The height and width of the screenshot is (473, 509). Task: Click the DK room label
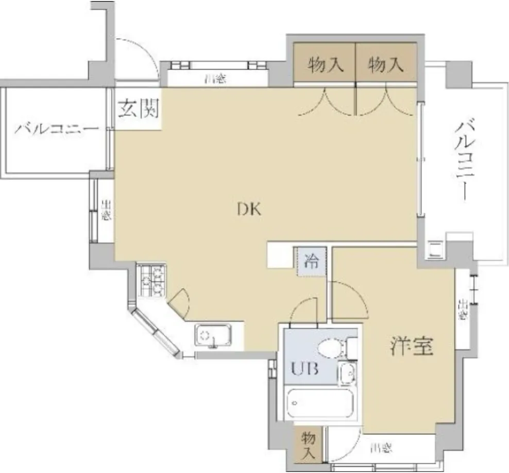pos(250,210)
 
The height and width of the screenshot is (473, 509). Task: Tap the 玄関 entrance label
pos(138,109)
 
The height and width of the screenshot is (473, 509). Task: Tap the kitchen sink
pos(213,335)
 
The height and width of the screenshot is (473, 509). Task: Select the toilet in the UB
pos(330,349)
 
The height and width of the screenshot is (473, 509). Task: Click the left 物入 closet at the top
pos(324,65)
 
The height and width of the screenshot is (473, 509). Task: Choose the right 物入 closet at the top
pos(385,65)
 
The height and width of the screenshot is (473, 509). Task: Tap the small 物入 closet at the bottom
pos(308,445)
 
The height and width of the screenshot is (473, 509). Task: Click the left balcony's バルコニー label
pos(56,129)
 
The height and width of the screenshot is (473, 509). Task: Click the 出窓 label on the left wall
pos(105,210)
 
